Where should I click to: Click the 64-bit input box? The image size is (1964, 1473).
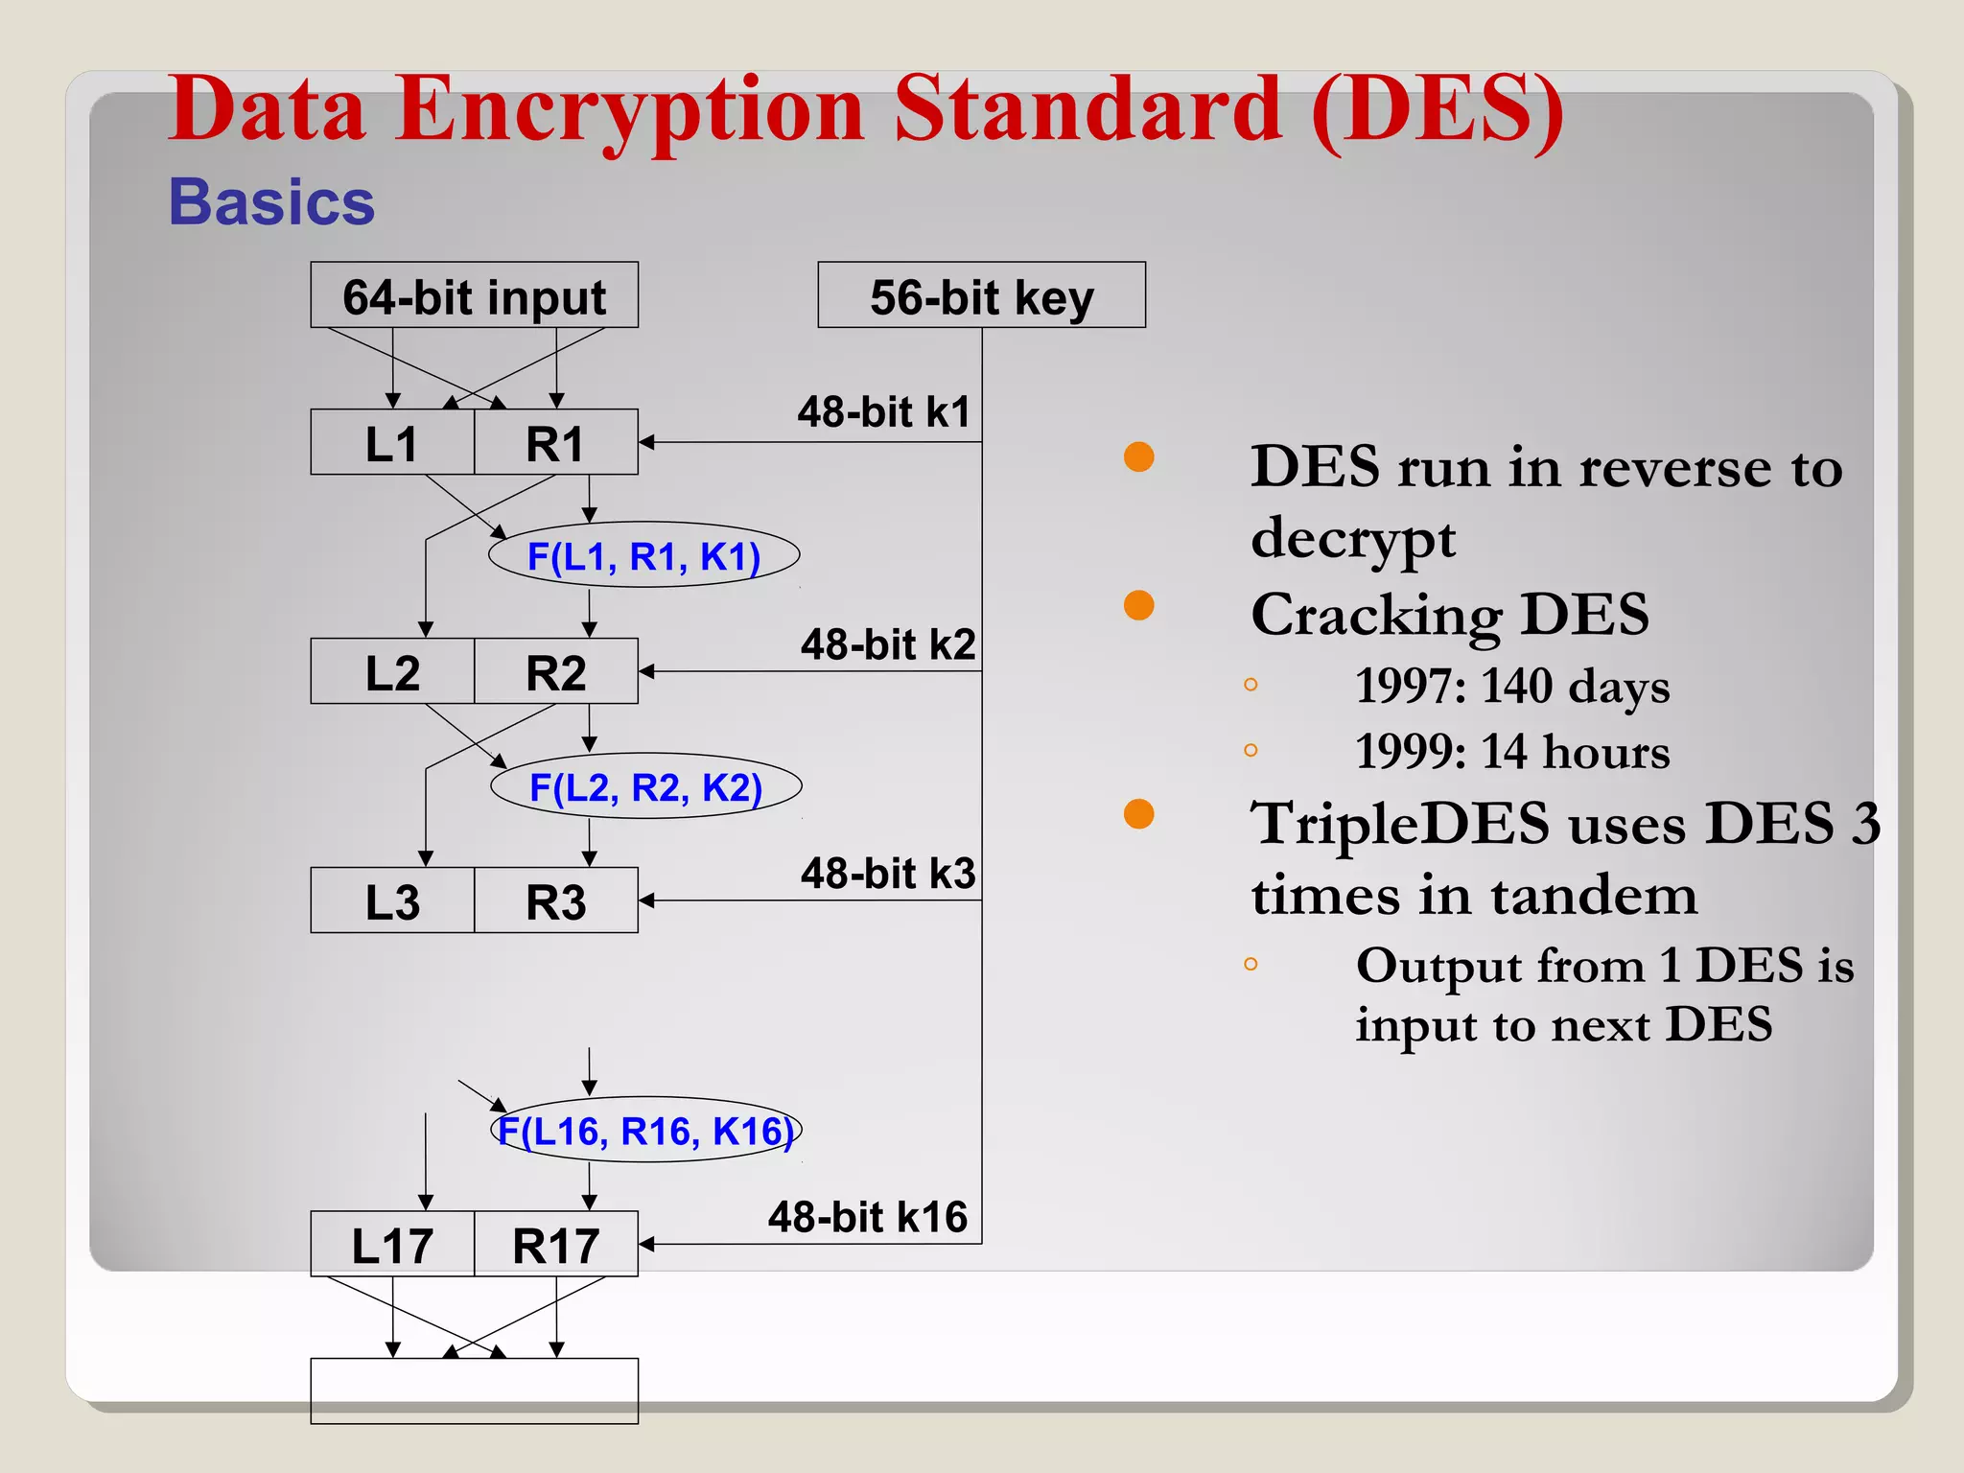474,295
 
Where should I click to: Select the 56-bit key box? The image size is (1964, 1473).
981,295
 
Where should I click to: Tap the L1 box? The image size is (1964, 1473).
392,443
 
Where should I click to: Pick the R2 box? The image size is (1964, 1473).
556,671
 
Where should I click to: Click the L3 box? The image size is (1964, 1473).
392,900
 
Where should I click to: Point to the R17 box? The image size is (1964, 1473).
556,1244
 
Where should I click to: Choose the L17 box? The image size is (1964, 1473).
392,1244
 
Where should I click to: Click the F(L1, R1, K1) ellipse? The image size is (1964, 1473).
643,555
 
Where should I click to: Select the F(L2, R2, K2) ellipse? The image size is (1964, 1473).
645,786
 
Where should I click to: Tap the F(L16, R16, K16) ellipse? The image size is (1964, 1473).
645,1130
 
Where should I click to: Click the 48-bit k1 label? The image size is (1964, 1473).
884,412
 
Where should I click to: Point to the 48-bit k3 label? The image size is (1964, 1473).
888,874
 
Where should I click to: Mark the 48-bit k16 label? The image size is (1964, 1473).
868,1217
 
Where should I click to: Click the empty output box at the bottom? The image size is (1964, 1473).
474,1391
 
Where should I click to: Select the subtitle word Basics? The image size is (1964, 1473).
271,202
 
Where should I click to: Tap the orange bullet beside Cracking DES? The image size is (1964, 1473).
1138,606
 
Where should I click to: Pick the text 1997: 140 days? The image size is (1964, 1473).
1511,687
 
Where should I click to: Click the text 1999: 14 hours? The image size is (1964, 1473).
1511,752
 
